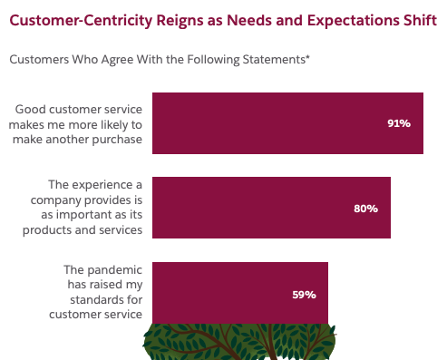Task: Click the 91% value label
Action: [399, 123]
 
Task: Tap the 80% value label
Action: [365, 209]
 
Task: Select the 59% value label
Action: [304, 294]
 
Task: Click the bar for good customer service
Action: [272, 123]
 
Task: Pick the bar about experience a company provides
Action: [254, 209]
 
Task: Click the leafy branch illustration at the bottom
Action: [240, 341]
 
